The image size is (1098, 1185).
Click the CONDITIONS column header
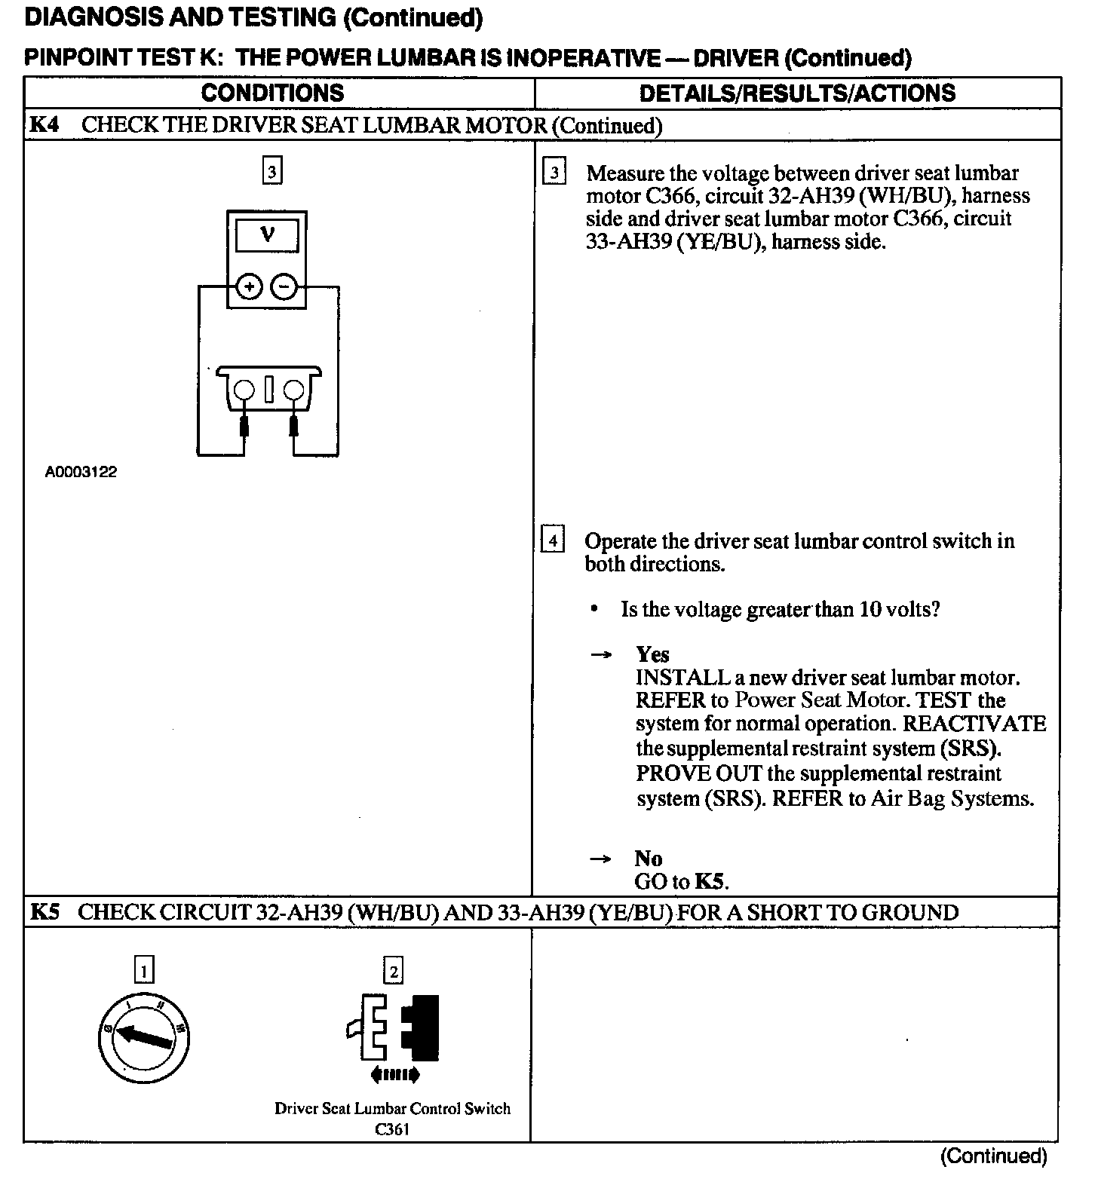tap(272, 93)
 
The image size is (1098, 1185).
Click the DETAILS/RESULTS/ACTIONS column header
tap(796, 93)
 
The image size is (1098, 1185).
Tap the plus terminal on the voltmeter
tap(250, 287)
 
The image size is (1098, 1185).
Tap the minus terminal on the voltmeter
tap(283, 287)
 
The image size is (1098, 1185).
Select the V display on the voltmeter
tap(267, 234)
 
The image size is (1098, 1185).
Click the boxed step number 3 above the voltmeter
tap(271, 172)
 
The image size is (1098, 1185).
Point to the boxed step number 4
tap(553, 540)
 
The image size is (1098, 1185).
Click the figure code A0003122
tap(81, 473)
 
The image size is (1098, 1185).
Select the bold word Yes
tap(652, 654)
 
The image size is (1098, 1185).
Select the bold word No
tap(648, 858)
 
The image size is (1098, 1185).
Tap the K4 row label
tap(44, 124)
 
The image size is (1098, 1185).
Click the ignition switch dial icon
tap(143, 1037)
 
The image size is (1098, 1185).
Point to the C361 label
tap(392, 1129)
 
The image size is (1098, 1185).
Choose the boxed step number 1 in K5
tap(143, 969)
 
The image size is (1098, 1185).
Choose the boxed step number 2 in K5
tap(393, 969)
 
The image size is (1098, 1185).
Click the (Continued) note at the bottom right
tap(993, 1156)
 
